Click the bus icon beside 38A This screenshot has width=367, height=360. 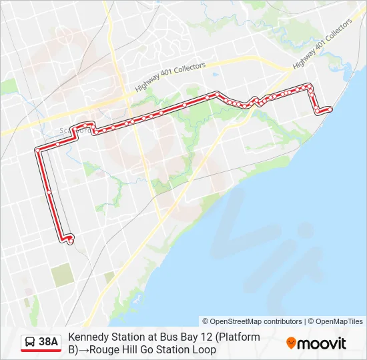pyautogui.click(x=31, y=342)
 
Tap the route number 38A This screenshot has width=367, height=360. pyautogui.click(x=49, y=342)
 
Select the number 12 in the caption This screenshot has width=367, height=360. pyautogui.click(x=204, y=337)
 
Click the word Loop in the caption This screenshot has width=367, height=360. pyautogui.click(x=204, y=349)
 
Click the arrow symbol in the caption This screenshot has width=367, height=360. pyautogui.click(x=84, y=349)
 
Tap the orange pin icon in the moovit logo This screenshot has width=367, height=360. pyautogui.click(x=291, y=343)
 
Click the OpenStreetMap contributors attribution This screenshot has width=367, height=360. pyautogui.click(x=252, y=321)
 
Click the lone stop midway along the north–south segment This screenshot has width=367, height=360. pyautogui.click(x=49, y=192)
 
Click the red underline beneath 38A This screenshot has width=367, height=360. pyautogui.click(x=41, y=351)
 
